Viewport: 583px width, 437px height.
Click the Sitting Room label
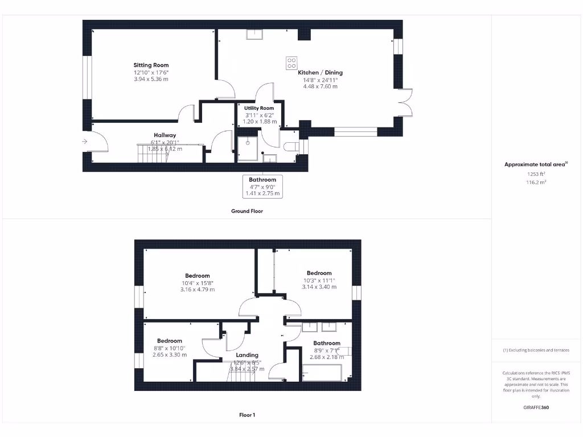coord(151,65)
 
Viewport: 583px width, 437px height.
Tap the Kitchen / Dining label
coord(320,72)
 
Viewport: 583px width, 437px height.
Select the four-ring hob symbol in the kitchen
coord(291,63)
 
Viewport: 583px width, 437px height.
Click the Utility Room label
coord(259,108)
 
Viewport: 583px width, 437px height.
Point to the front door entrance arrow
coord(85,142)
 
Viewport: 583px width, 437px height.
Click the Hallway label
coord(165,135)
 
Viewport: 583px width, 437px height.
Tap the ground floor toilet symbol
coord(290,146)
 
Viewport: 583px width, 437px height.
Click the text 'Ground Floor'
coord(247,211)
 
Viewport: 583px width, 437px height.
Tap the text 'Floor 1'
coord(247,415)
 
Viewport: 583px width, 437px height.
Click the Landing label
coord(247,355)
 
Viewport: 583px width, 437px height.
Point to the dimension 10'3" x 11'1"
coord(319,280)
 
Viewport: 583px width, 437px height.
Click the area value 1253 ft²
coord(535,175)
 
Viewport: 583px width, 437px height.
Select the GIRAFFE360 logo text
coord(536,407)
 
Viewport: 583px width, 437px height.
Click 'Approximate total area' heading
coord(535,164)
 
